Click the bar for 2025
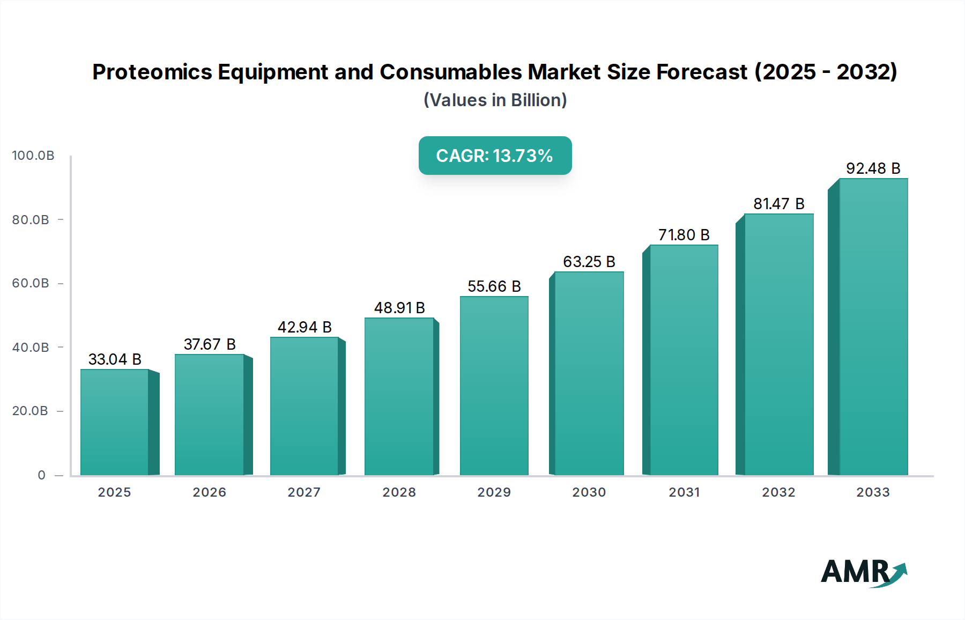115,422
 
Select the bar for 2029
494,386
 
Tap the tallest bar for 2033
873,327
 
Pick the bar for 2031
684,360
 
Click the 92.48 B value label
873,168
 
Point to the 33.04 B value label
115,359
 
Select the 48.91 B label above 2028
399,308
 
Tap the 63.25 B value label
589,262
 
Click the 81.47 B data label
778,204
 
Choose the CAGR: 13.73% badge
495,156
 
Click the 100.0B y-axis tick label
33,156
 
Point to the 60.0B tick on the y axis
31,283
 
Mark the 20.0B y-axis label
30,411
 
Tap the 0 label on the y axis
41,475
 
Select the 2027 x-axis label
304,492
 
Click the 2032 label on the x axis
778,492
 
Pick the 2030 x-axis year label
589,492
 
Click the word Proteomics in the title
152,72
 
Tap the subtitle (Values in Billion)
495,100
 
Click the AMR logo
863,572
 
